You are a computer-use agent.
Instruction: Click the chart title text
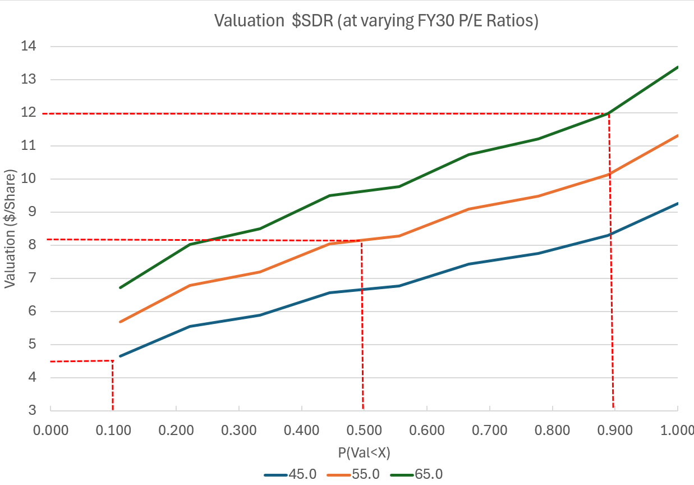tap(376, 21)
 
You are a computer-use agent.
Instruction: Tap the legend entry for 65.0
tap(422, 473)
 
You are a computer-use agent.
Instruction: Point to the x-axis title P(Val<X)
tap(364, 451)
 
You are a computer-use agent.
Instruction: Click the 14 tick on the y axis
tap(29, 47)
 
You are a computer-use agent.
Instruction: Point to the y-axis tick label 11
tap(29, 146)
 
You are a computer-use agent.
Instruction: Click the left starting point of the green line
tap(120, 287)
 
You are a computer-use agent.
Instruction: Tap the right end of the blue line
tap(678, 203)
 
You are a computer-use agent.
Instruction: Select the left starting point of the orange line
tap(120, 322)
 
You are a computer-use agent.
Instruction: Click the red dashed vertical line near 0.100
tap(113, 387)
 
